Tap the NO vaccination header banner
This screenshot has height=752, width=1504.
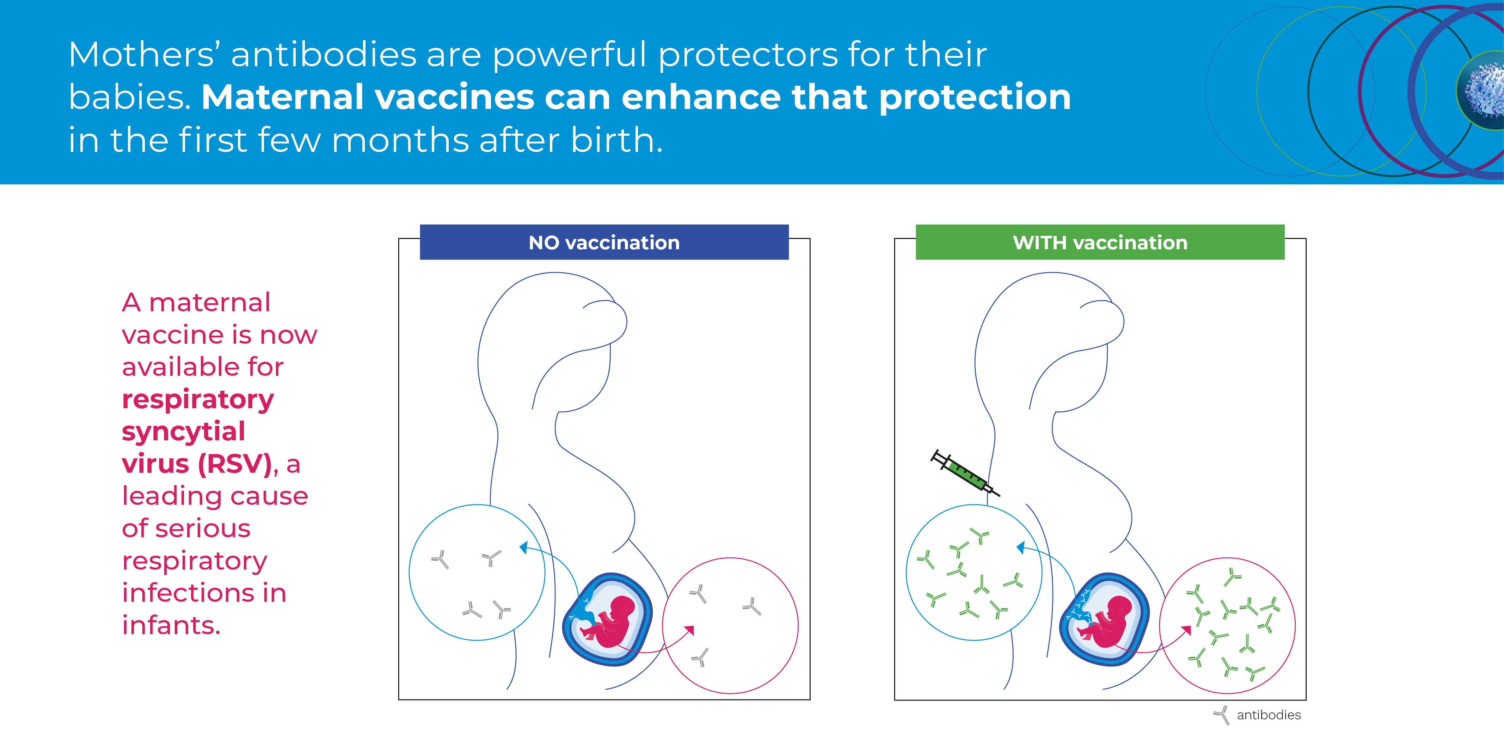point(604,242)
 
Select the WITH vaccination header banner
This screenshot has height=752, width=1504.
point(1100,242)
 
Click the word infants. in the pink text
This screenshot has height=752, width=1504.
point(171,625)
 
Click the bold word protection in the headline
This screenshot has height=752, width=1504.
point(975,97)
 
